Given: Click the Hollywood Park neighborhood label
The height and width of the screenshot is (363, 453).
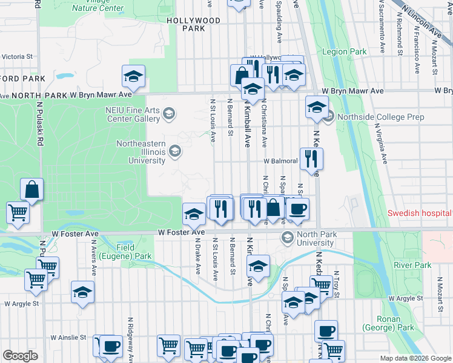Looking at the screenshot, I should point(193,24).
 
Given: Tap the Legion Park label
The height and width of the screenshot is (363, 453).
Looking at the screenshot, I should point(345,52).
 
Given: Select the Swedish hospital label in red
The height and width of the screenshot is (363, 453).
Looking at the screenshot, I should point(420,214).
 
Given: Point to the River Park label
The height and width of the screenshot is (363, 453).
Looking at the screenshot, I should point(412,265).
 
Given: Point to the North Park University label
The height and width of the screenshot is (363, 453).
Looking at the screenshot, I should point(315,238).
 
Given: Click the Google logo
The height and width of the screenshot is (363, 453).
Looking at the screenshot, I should point(19,355).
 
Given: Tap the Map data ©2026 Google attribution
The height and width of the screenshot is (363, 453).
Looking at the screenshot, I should point(414,358).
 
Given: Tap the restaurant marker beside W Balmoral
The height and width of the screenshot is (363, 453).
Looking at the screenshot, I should point(312,159).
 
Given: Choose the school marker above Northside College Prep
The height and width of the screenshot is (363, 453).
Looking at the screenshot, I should point(317,108).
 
